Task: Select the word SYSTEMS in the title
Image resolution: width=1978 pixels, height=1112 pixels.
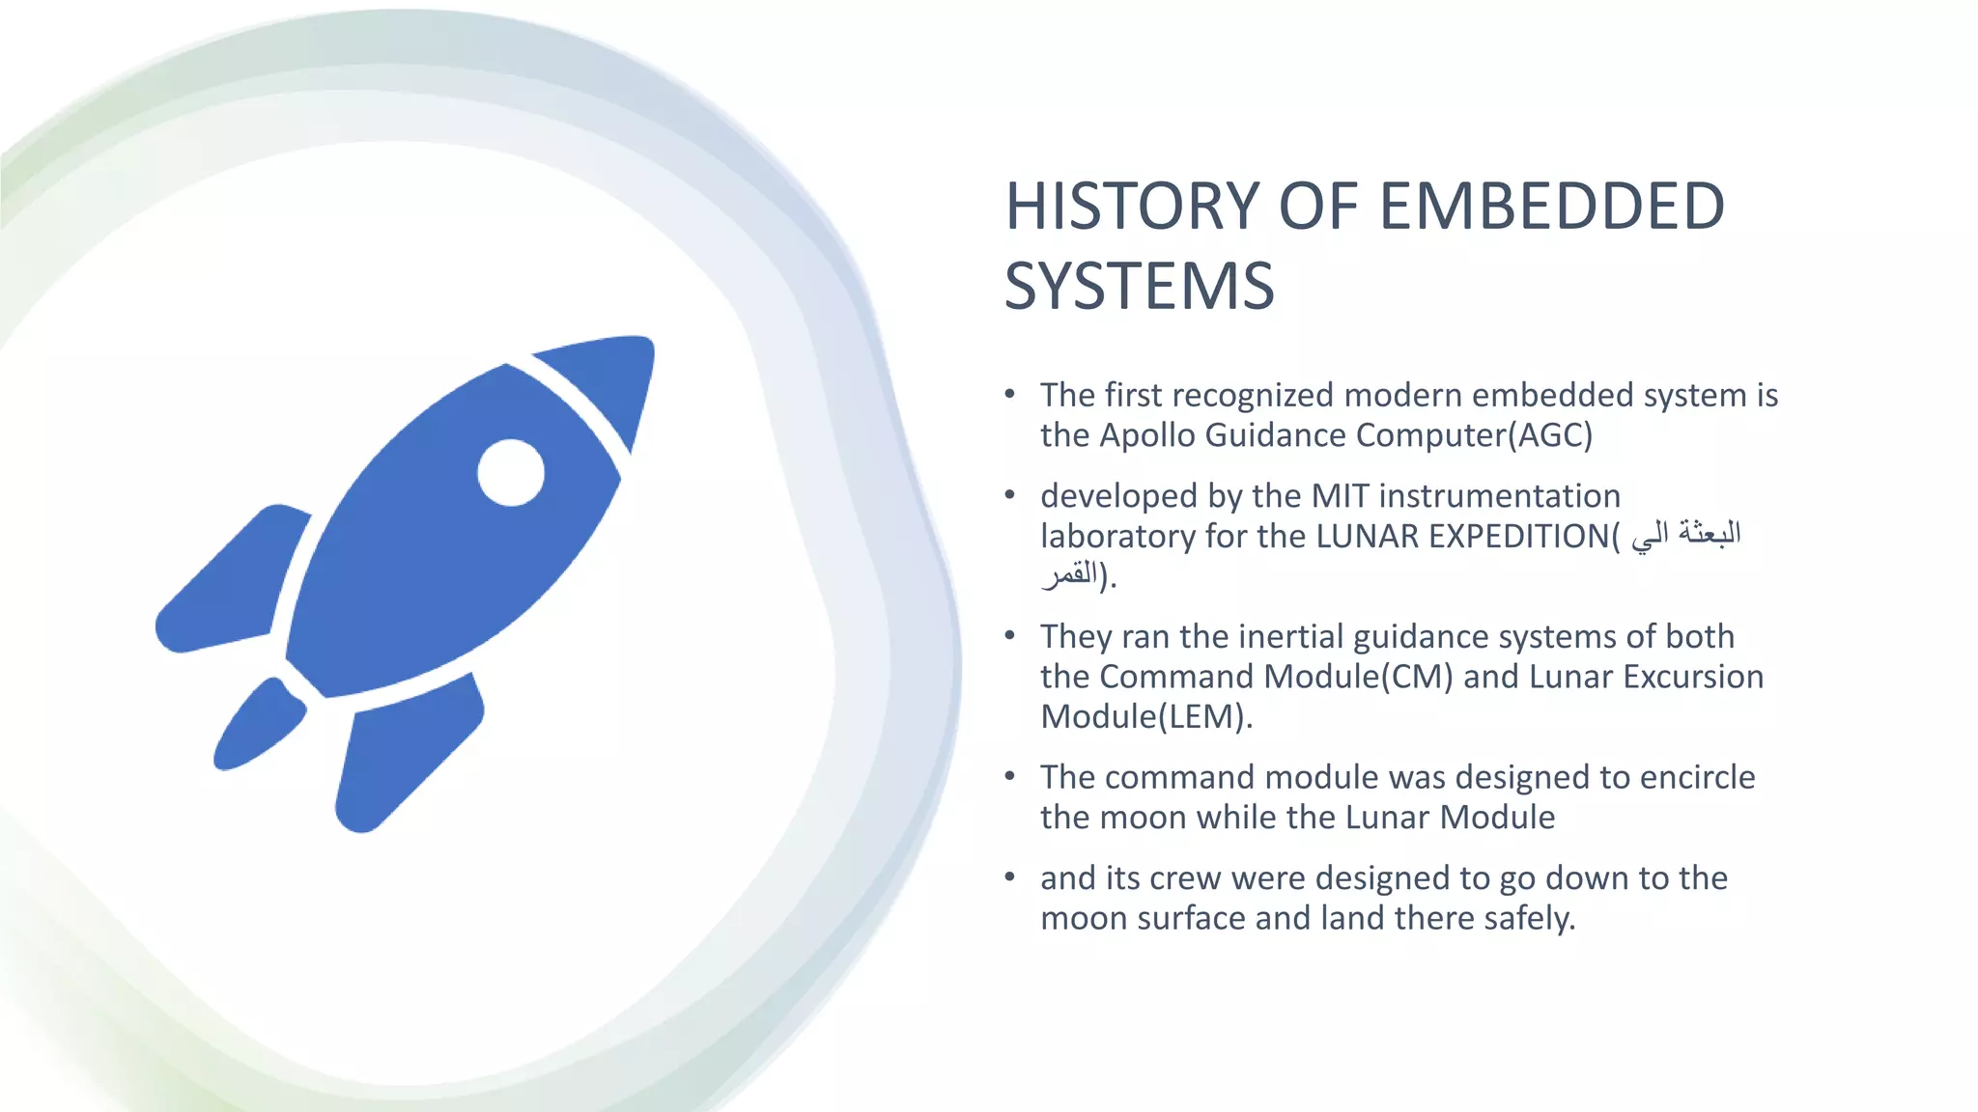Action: pos(1139,287)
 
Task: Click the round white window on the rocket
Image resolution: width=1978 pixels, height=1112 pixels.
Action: pos(511,472)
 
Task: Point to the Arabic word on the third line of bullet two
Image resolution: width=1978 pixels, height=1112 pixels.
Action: pos(1070,576)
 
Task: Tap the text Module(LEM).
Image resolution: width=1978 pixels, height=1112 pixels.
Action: pos(1145,717)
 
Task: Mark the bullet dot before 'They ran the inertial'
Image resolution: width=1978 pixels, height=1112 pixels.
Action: pos(1009,636)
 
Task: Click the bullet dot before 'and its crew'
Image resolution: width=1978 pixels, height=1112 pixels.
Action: pos(1009,877)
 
